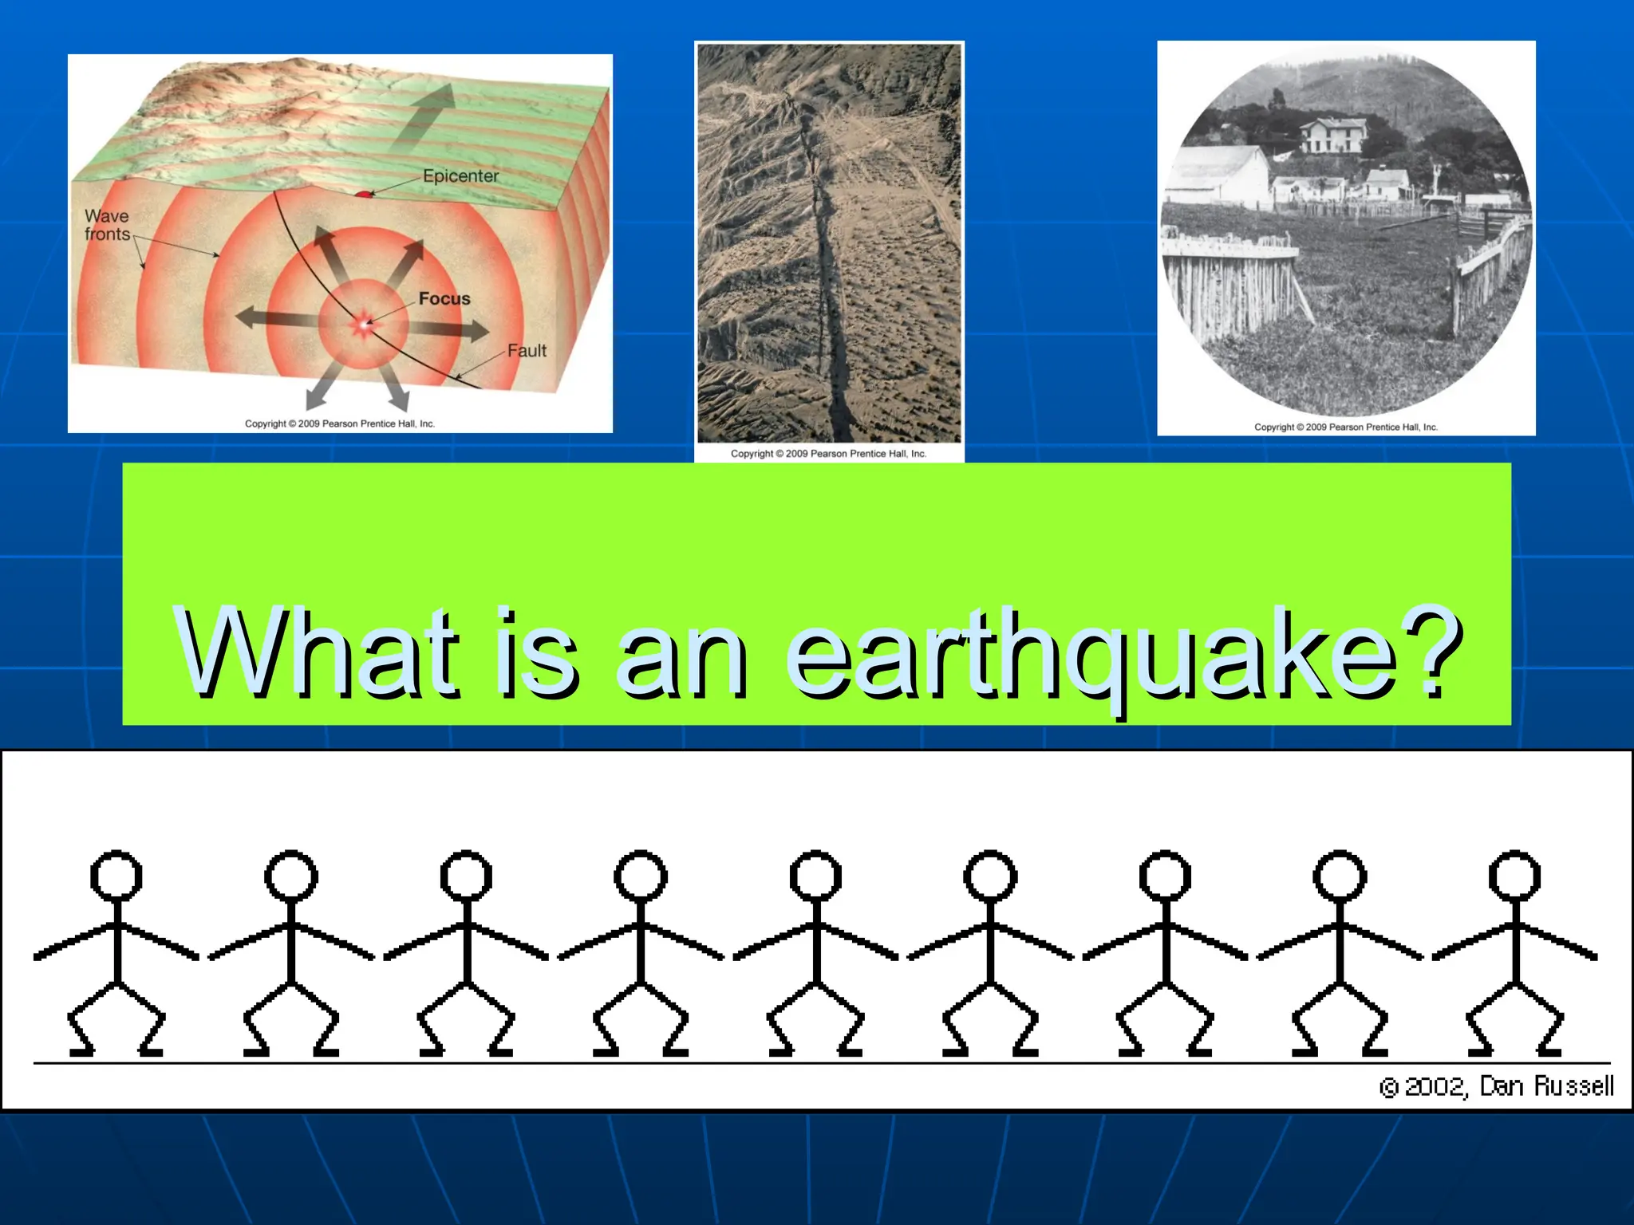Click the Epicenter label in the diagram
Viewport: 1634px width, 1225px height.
pyautogui.click(x=460, y=176)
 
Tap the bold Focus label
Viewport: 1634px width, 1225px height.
pyautogui.click(x=444, y=299)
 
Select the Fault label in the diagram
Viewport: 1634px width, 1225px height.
pyautogui.click(x=527, y=351)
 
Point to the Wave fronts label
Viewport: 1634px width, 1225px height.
pyautogui.click(x=107, y=225)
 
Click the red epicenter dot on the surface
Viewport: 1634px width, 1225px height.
pyautogui.click(x=363, y=193)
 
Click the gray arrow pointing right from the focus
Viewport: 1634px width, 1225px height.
pyautogui.click(x=451, y=329)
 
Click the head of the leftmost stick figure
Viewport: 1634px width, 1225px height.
pyautogui.click(x=116, y=876)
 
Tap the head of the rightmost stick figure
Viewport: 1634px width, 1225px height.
pyautogui.click(x=1514, y=876)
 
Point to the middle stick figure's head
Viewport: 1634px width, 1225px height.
pyautogui.click(x=815, y=876)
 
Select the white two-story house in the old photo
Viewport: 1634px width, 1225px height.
pyautogui.click(x=1332, y=135)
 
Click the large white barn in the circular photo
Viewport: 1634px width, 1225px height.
pyautogui.click(x=1217, y=178)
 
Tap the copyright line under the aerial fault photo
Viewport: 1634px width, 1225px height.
pyautogui.click(x=828, y=454)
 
